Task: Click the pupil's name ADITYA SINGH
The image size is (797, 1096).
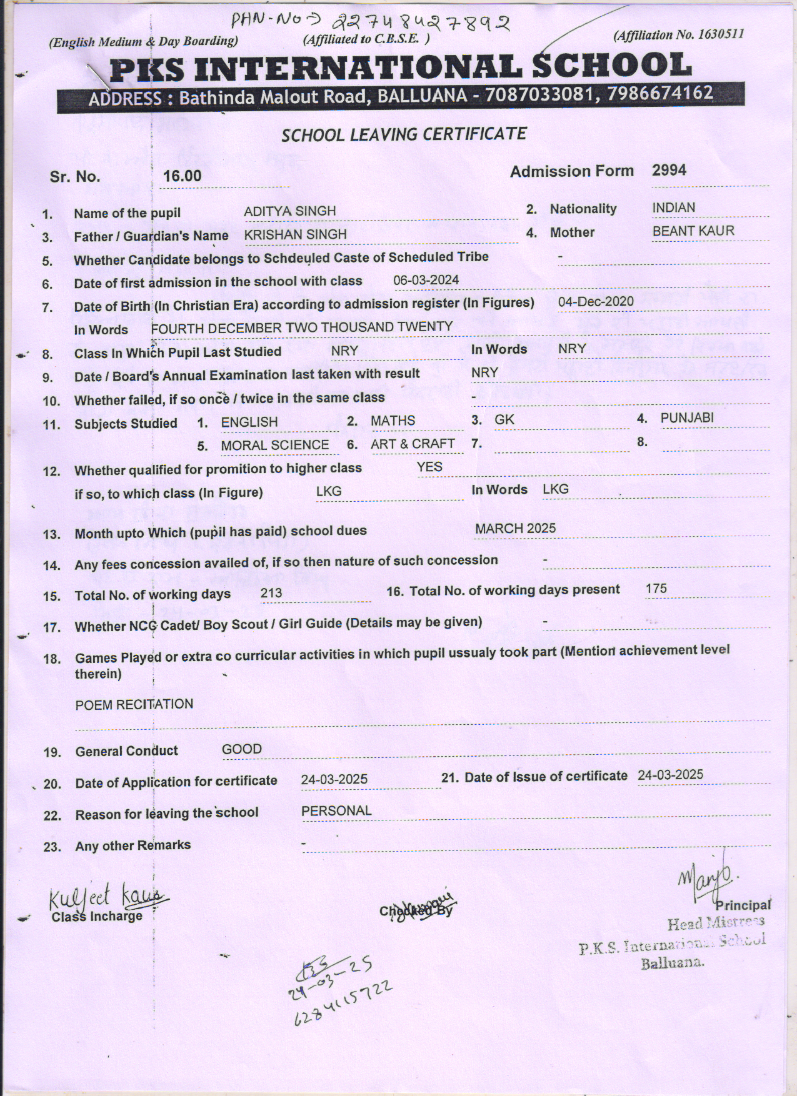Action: pyautogui.click(x=289, y=211)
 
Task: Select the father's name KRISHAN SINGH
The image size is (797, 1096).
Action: pyautogui.click(x=295, y=234)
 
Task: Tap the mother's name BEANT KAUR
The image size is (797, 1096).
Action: pyautogui.click(x=693, y=231)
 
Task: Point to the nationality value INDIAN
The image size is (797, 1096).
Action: pyautogui.click(x=673, y=208)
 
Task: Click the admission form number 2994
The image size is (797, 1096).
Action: pyautogui.click(x=669, y=171)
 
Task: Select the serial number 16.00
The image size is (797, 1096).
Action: pyautogui.click(x=182, y=176)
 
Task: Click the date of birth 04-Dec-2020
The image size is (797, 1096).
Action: pyautogui.click(x=596, y=302)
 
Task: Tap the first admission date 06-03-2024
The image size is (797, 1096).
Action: pyautogui.click(x=426, y=280)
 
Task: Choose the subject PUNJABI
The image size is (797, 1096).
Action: pyautogui.click(x=686, y=418)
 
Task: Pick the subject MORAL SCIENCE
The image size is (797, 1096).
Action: pyautogui.click(x=274, y=446)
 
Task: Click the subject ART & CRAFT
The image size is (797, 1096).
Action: pyautogui.click(x=413, y=444)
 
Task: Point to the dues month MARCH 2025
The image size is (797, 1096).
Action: pyautogui.click(x=515, y=529)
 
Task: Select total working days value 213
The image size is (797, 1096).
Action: pyautogui.click(x=271, y=593)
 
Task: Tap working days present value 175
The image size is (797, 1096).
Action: pyautogui.click(x=656, y=589)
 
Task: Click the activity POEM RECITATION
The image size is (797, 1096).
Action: pyautogui.click(x=134, y=705)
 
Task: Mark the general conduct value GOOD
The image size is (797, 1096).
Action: pyautogui.click(x=242, y=749)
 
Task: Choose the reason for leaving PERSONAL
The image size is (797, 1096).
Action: pyautogui.click(x=336, y=811)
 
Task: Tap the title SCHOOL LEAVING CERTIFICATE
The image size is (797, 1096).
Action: pyautogui.click(x=404, y=134)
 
